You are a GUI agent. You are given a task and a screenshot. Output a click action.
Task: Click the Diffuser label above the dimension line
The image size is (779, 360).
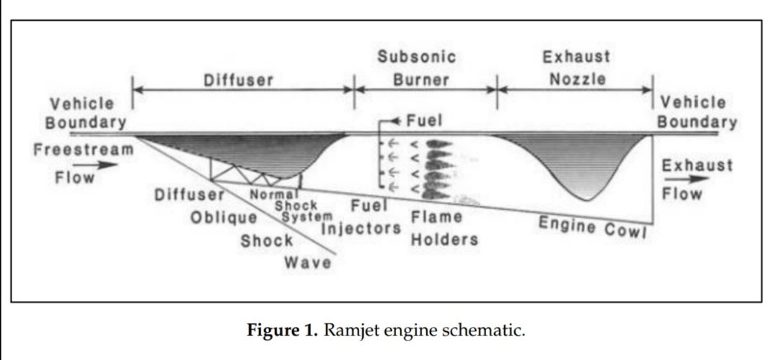coord(237,80)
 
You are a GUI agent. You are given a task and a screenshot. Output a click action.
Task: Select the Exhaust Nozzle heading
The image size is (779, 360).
coord(577,68)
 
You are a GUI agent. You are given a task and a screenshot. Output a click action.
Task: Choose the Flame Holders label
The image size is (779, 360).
coord(444,227)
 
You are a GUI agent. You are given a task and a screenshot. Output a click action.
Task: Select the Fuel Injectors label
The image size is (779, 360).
coord(361,219)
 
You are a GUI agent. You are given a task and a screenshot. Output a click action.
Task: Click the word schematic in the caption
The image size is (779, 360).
coord(490,331)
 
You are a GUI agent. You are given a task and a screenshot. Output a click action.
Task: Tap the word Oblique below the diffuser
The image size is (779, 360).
coord(224,217)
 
